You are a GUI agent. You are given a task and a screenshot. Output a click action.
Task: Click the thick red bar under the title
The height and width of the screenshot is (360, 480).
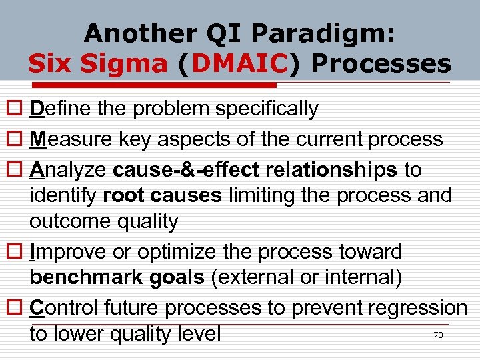(153, 85)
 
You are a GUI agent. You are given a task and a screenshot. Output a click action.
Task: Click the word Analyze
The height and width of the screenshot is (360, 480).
(68, 170)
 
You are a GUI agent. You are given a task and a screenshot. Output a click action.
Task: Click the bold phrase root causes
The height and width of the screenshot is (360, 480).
(165, 196)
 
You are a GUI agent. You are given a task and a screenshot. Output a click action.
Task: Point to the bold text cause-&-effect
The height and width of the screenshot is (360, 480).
(187, 170)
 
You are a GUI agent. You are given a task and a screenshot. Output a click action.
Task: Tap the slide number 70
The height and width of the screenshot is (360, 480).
(438, 335)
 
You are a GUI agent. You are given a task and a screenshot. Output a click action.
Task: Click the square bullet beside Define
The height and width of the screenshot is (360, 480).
(12, 109)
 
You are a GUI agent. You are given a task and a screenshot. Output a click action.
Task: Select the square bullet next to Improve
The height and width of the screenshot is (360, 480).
(12, 253)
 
